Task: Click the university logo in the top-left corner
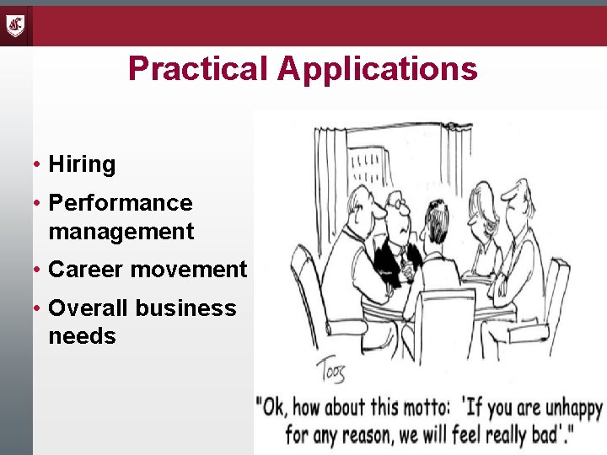pyautogui.click(x=16, y=25)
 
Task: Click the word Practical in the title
pyautogui.click(x=199, y=68)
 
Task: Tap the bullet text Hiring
pyautogui.click(x=82, y=164)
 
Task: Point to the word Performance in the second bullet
pyautogui.click(x=121, y=203)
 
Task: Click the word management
pyautogui.click(x=121, y=231)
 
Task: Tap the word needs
pyautogui.click(x=82, y=336)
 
